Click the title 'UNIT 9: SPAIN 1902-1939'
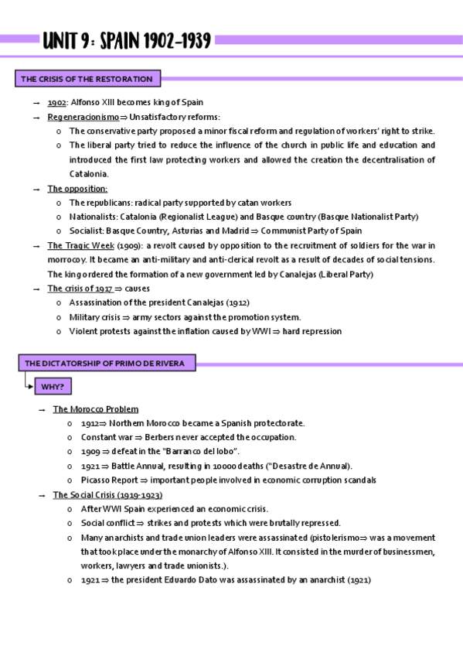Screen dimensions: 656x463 (x=127, y=41)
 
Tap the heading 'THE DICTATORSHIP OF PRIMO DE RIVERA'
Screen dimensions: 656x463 (x=107, y=363)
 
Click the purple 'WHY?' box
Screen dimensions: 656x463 (x=53, y=386)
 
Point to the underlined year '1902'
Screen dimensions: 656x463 (x=56, y=103)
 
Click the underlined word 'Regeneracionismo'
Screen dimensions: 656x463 (x=83, y=117)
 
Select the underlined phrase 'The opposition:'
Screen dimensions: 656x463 (x=77, y=189)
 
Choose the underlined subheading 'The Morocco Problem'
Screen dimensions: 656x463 (x=95, y=409)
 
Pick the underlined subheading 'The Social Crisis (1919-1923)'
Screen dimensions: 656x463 (x=107, y=494)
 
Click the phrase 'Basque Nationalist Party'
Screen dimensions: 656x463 (x=369, y=217)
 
